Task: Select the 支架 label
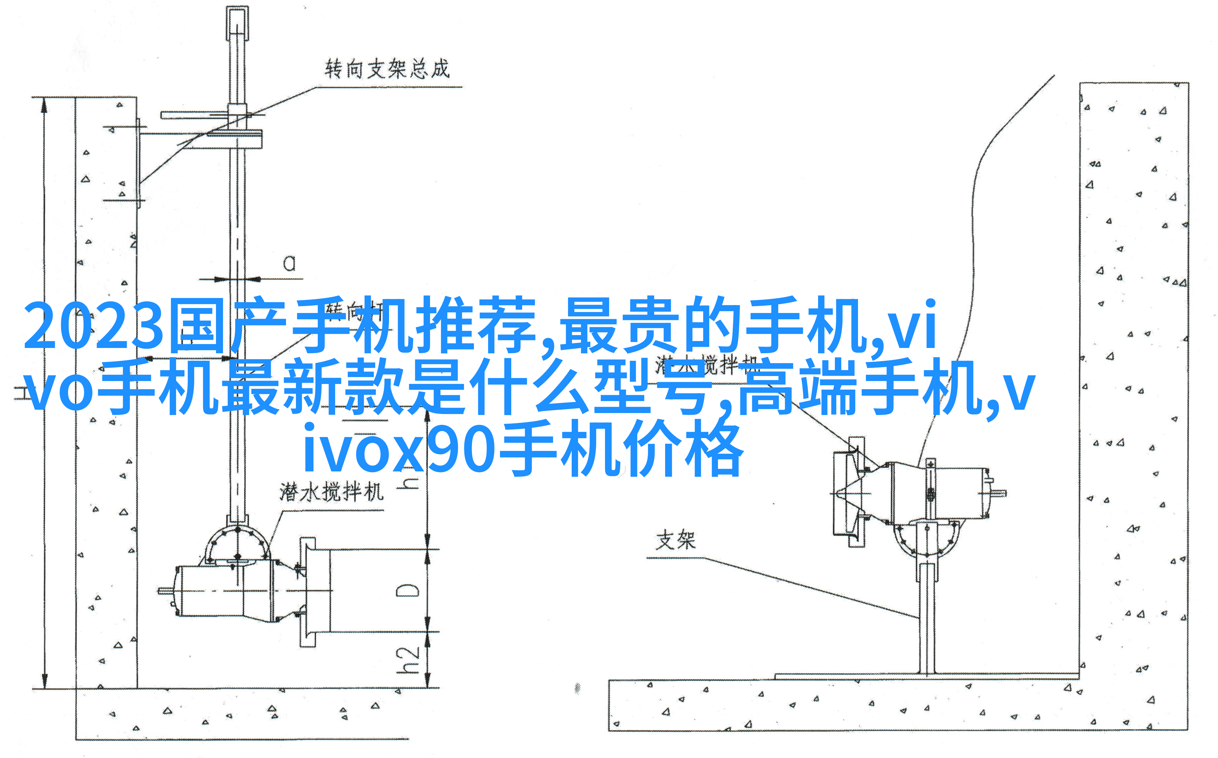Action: pyautogui.click(x=675, y=540)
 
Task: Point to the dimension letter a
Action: pyautogui.click(x=289, y=263)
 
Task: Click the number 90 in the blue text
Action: pyautogui.click(x=461, y=450)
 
